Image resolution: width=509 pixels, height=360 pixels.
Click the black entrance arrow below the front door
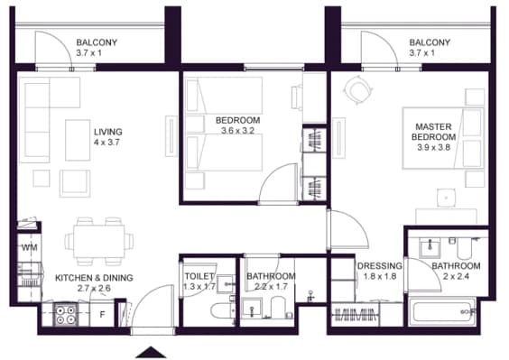151,353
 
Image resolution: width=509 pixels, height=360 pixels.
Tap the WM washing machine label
30,248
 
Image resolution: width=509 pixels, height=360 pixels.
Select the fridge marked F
102,314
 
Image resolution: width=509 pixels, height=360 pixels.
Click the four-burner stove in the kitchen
66,315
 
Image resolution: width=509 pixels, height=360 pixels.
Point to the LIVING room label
108,132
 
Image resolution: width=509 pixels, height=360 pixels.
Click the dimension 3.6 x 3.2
237,131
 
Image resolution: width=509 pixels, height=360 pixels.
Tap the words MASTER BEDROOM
434,132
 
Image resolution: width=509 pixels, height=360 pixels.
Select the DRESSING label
379,266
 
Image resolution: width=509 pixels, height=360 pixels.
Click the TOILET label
199,276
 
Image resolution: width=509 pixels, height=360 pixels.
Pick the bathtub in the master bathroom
442,312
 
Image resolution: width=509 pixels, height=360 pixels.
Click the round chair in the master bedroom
357,90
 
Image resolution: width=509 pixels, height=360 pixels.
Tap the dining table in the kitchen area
99,241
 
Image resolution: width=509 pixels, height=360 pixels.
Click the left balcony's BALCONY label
97,42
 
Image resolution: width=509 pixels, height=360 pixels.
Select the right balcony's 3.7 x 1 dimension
422,53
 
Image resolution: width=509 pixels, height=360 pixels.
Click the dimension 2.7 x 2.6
94,288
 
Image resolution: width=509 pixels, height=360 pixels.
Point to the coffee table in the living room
78,140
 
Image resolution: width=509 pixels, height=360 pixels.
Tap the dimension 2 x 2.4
456,277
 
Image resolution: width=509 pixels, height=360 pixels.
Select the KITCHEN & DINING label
94,278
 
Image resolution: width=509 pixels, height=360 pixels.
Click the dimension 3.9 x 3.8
434,147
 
